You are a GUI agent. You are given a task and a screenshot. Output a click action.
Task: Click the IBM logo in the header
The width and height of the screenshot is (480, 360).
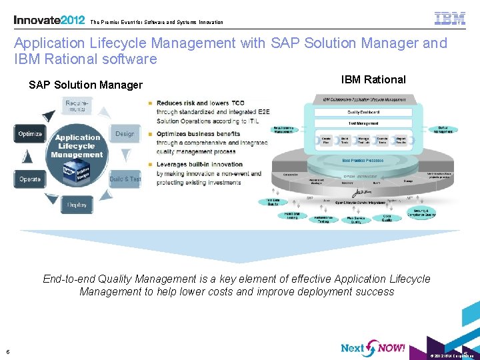point(450,18)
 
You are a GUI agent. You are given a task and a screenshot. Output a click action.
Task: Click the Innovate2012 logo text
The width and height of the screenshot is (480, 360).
point(49,19)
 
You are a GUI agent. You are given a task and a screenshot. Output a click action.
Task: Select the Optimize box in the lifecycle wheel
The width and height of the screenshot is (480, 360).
point(30,134)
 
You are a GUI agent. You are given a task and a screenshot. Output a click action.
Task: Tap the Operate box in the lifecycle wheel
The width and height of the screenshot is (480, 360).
point(30,179)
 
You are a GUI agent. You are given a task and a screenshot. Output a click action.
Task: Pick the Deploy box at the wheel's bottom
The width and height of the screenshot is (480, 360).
point(77,205)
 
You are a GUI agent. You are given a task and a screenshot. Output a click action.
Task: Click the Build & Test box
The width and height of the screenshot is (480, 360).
point(125,179)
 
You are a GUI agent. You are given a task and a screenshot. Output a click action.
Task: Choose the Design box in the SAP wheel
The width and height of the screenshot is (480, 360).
point(125,134)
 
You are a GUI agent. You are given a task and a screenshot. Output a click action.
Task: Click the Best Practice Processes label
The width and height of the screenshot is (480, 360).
point(362,160)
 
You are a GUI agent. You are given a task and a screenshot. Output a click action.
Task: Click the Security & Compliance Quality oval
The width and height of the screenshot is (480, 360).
point(421,213)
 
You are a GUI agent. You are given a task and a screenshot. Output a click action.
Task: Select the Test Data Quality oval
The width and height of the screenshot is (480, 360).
point(273,203)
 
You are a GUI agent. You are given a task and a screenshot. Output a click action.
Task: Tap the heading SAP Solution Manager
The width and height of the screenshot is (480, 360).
point(85,85)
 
